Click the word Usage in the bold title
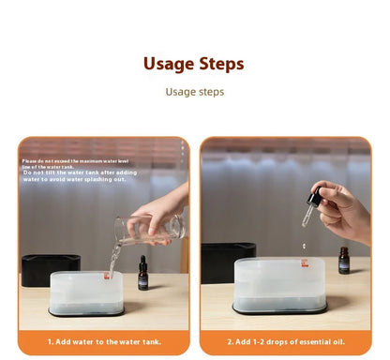coord(169,64)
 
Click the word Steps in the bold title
coord(221,64)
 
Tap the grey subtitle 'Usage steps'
coord(195,92)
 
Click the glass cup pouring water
coord(148,230)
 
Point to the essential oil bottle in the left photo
coord(143,274)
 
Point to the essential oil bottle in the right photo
coord(344,262)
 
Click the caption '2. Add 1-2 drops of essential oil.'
coord(286,341)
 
